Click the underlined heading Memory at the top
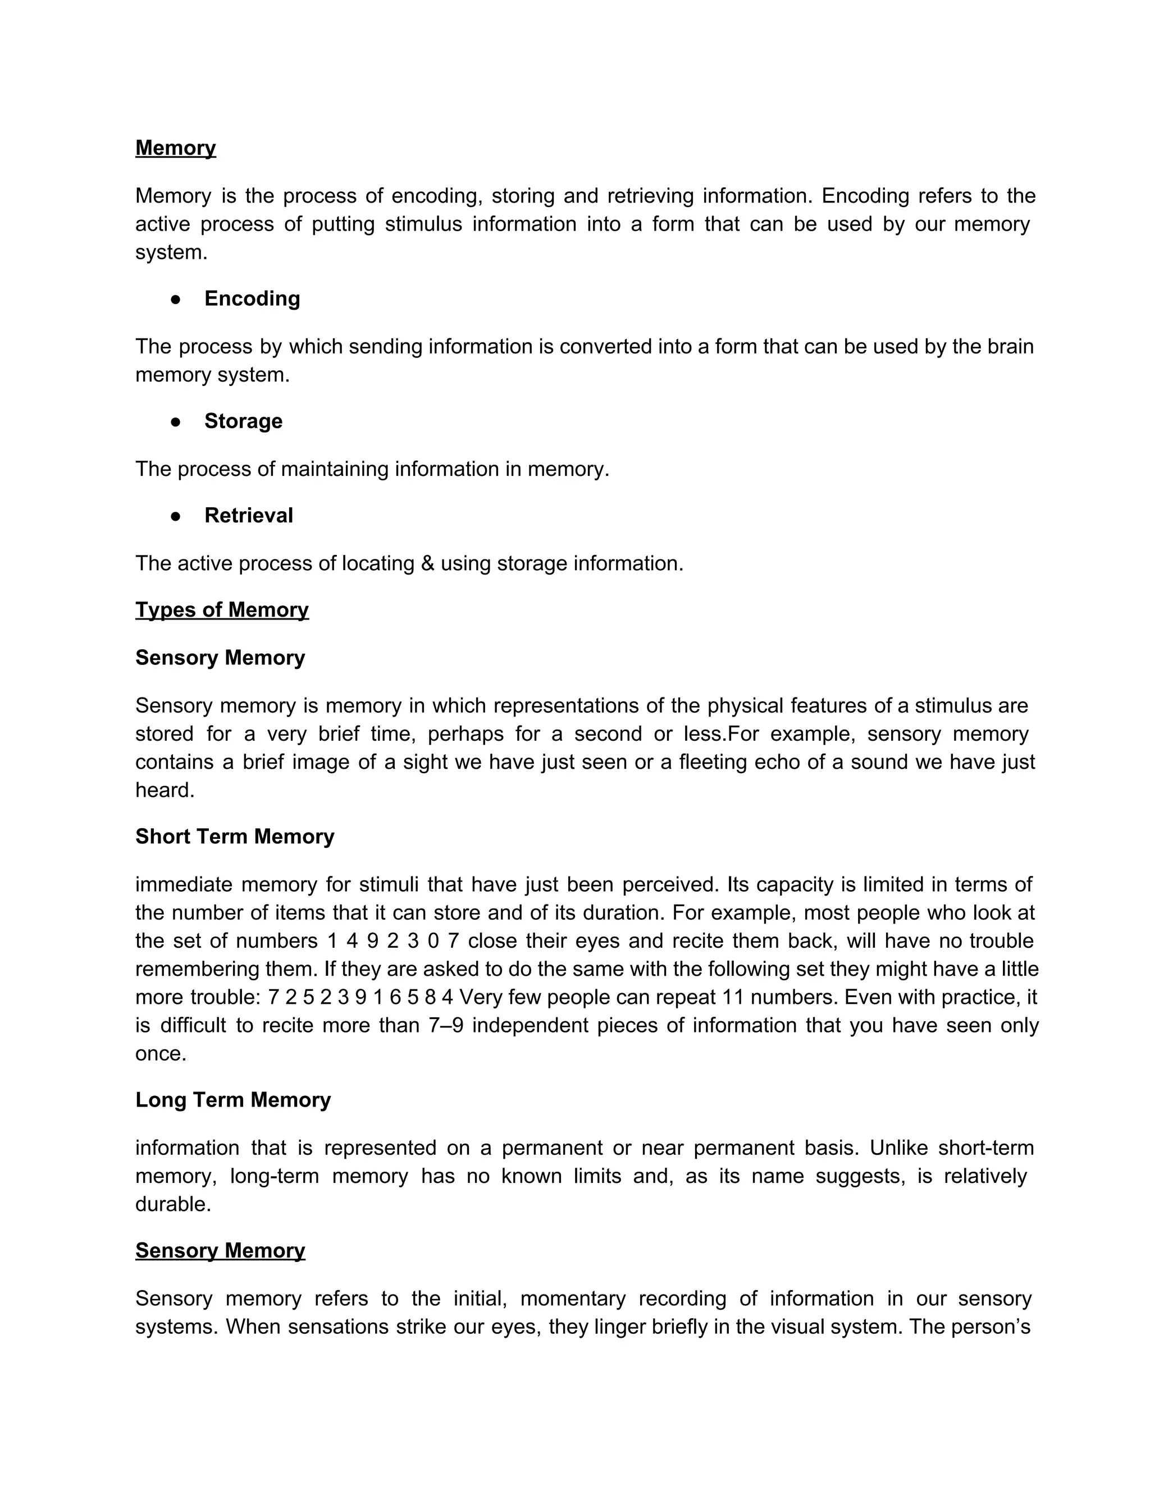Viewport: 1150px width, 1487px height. click(175, 148)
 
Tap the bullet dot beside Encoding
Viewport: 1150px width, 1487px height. click(176, 299)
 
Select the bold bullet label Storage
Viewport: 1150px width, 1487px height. click(243, 421)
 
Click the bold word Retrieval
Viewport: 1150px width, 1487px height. click(249, 516)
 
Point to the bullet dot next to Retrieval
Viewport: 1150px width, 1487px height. click(176, 516)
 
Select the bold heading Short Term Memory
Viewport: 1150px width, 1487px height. click(234, 836)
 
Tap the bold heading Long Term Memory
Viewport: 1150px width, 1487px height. click(232, 1100)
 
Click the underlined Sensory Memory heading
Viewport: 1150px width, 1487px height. click(220, 1250)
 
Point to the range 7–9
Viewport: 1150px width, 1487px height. click(446, 1025)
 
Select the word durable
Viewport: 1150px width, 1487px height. click(172, 1204)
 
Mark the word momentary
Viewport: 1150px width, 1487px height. click(572, 1298)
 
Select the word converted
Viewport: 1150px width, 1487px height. click(606, 347)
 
